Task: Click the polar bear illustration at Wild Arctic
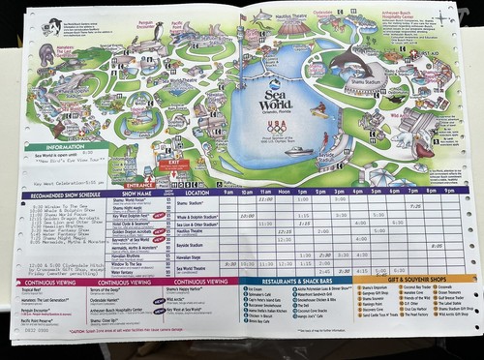coord(422,145)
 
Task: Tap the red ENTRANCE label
coord(139,181)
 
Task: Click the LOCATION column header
coord(198,193)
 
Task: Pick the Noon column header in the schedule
coord(284,192)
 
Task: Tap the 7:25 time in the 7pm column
coord(413,206)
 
